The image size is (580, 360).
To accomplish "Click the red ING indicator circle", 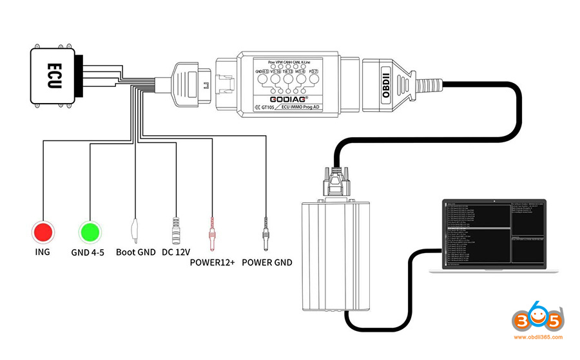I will pyautogui.click(x=43, y=232).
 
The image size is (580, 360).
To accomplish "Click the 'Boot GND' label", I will pyautogui.click(x=135, y=252).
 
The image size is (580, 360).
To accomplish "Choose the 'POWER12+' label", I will pyautogui.click(x=212, y=262).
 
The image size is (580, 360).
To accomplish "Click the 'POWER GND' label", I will pyautogui.click(x=266, y=262).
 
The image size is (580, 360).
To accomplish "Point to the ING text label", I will pyautogui.click(x=43, y=252).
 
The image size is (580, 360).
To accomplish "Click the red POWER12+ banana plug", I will pyautogui.click(x=212, y=232).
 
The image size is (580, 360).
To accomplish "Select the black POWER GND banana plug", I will pyautogui.click(x=266, y=232).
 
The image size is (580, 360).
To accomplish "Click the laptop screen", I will pyautogui.click(x=494, y=234).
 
